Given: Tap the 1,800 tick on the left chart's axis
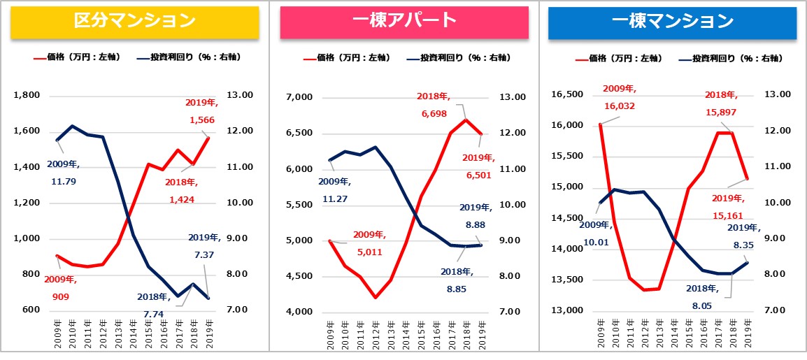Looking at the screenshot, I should point(27,95).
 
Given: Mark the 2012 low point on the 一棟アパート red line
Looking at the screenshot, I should point(376,298).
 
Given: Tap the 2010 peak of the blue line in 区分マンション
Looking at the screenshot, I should point(73,126).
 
